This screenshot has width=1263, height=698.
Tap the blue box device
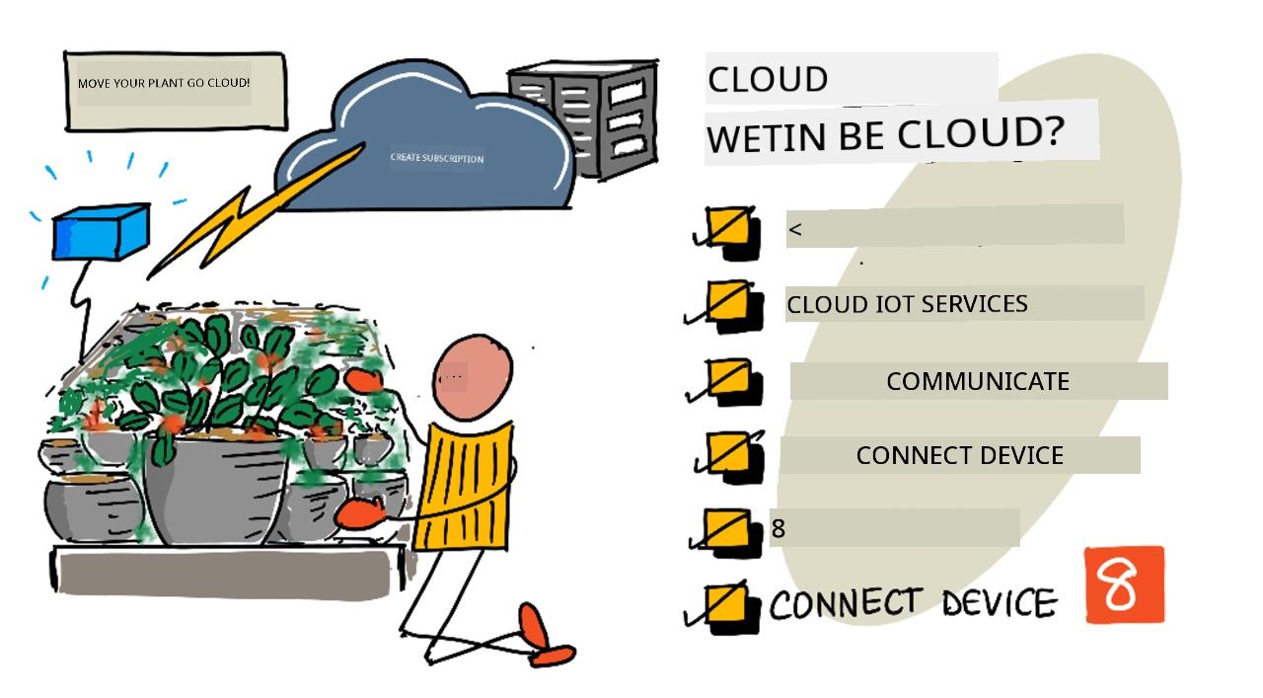(102, 232)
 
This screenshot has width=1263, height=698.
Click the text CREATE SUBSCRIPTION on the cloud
(437, 158)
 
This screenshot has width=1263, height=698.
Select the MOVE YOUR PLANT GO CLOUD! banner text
(164, 83)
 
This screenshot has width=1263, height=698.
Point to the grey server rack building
(586, 117)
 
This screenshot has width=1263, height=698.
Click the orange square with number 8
(1124, 585)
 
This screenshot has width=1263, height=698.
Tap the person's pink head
(473, 377)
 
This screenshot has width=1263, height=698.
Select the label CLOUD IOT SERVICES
(907, 304)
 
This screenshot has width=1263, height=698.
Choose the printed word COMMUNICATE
(978, 381)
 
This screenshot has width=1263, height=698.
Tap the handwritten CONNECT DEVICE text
(914, 602)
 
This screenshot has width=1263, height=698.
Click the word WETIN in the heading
(767, 137)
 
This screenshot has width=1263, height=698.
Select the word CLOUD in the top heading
(768, 80)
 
